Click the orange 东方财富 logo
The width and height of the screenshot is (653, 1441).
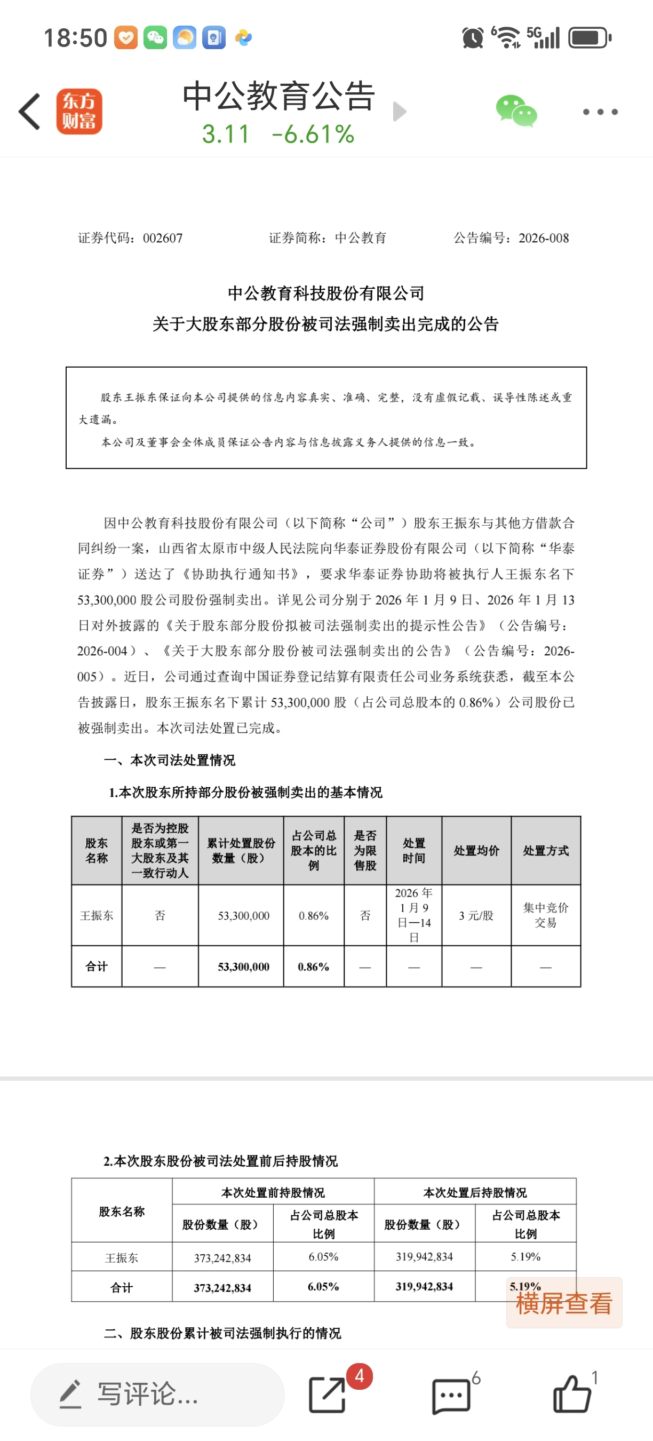pos(79,112)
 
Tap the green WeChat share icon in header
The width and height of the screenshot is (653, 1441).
pos(516,111)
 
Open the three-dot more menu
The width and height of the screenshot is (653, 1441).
pos(600,112)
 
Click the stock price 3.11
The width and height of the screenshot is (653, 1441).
pos(225,134)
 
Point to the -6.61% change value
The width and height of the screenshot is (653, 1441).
pos(313,134)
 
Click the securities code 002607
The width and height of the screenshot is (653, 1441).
pos(163,239)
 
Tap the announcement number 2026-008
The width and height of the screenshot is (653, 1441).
pos(544,239)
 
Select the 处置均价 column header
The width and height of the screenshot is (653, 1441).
pos(476,850)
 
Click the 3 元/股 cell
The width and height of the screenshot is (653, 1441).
pos(476,915)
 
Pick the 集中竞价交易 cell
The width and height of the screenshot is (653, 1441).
pos(545,915)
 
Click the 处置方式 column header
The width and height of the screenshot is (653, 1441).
pos(545,850)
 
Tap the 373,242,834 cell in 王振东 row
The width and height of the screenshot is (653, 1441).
pos(222,1258)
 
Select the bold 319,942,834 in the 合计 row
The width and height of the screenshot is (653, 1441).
pos(424,1287)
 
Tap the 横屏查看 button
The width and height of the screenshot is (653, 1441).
pos(563,1303)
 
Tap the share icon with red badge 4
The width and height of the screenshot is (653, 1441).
pos(328,1395)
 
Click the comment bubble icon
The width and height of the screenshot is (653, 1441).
pos(451,1395)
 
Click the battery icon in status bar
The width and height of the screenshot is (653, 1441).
pos(590,38)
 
